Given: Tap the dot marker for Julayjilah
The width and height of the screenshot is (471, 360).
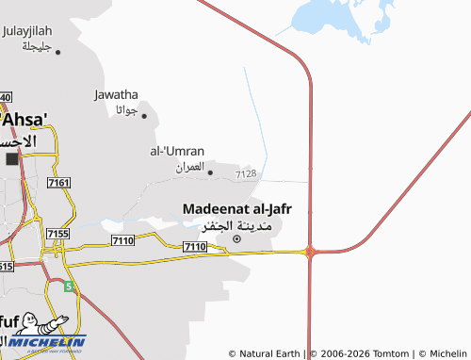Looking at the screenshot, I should tap(58, 52).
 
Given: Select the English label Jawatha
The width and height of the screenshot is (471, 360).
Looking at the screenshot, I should tap(117, 94).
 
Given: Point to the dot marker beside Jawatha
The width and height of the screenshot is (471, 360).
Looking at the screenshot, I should tap(144, 115).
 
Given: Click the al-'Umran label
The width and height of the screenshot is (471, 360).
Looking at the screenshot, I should tap(177, 150).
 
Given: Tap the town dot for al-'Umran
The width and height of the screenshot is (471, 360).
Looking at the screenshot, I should tap(209, 172).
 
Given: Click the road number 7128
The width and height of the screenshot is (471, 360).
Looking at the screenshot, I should tap(246, 173).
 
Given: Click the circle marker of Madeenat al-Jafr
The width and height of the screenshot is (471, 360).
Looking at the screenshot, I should tap(236, 237).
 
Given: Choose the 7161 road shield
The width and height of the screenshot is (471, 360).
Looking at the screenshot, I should tap(58, 182).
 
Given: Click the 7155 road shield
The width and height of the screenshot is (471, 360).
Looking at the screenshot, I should tap(58, 233).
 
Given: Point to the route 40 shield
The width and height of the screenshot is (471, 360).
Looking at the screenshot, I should tap(5, 97).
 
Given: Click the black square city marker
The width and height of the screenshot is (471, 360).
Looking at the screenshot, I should tap(12, 158).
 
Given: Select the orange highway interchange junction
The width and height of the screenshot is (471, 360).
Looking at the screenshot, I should tap(309, 251).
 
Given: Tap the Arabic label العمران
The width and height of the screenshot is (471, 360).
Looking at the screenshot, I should tap(189, 167).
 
